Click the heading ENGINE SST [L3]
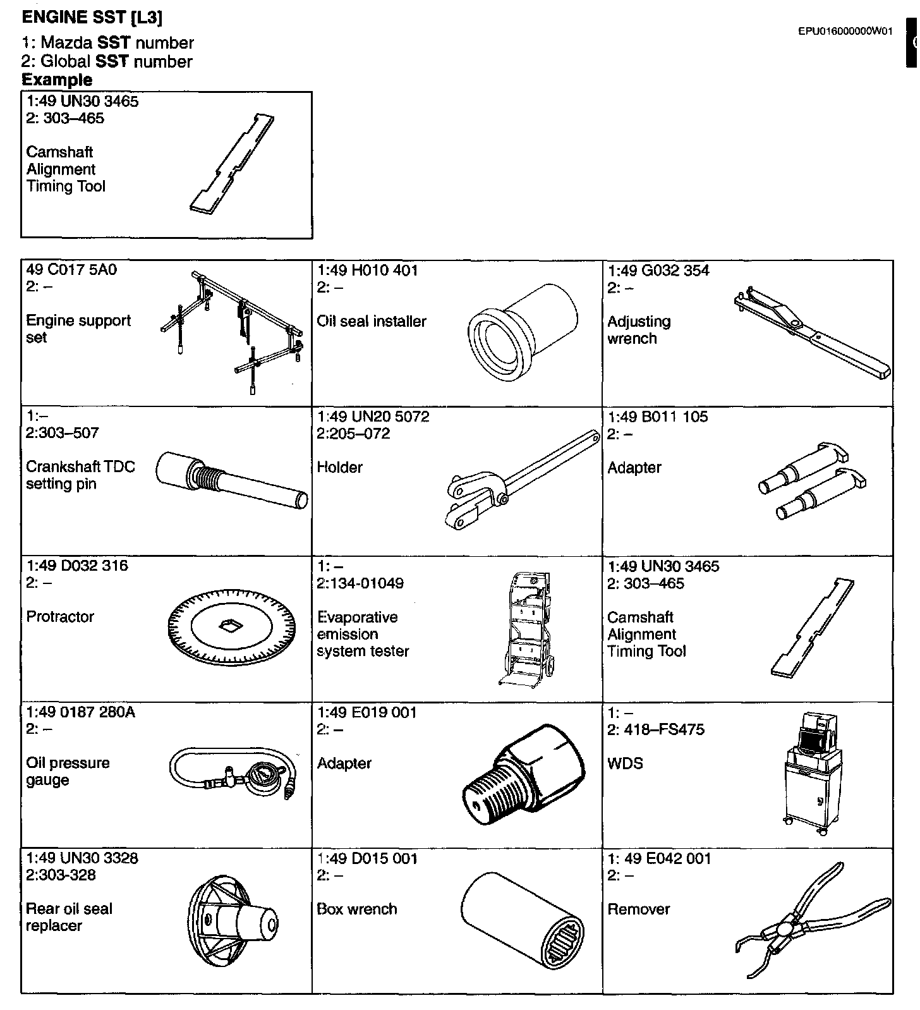tap(92, 17)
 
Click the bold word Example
tap(57, 80)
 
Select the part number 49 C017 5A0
tap(71, 270)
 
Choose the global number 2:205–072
tap(354, 434)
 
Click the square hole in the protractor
tap(229, 626)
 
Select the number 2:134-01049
tap(360, 583)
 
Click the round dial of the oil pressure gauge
tap(261, 776)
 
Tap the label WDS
tap(625, 764)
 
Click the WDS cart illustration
tap(812, 774)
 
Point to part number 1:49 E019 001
tap(367, 712)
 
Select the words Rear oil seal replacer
tap(69, 917)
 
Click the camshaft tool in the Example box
tap(233, 162)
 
